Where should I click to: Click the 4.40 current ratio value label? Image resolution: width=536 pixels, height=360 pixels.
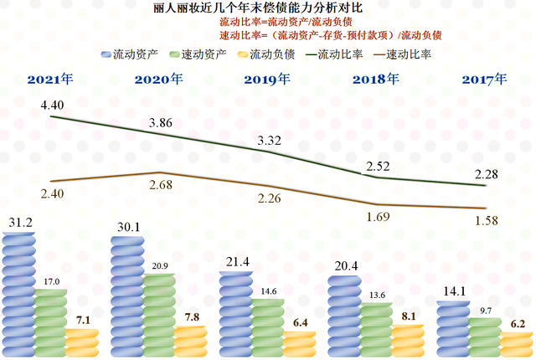tap(53, 105)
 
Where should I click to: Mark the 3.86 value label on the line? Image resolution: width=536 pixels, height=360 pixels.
tap(160, 122)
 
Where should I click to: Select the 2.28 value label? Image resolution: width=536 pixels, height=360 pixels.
tap(485, 173)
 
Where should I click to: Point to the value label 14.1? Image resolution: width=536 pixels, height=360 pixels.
tap(454, 291)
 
